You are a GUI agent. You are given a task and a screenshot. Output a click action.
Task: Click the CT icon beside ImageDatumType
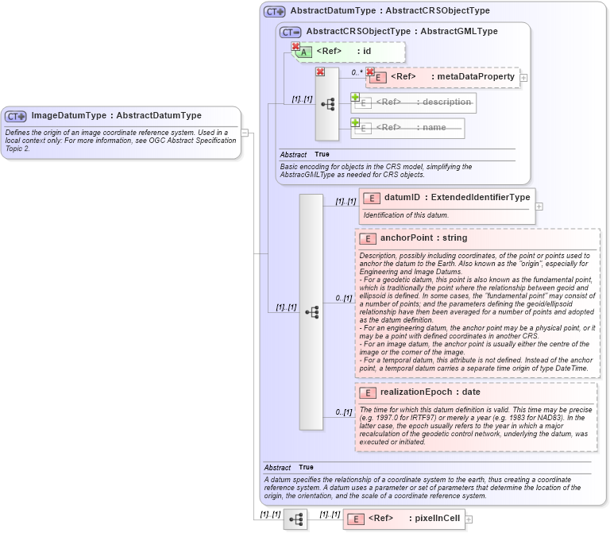(17, 116)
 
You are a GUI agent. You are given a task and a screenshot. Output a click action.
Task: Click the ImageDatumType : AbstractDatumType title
(116, 115)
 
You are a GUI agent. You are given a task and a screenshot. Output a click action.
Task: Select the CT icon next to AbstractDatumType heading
(275, 11)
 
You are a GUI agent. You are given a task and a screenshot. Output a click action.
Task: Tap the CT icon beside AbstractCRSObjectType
(291, 32)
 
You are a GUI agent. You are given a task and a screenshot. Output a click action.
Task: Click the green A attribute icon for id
(304, 52)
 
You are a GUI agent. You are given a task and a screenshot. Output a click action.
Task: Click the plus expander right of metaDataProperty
(523, 78)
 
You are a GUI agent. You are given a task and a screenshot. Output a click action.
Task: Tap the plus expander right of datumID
(539, 206)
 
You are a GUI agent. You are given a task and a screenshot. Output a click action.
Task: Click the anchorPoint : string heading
(423, 238)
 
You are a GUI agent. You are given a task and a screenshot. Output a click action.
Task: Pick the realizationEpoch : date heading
(430, 392)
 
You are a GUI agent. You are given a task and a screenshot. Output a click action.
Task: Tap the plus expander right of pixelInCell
(469, 519)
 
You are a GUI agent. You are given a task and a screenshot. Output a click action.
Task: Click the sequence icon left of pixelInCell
(295, 519)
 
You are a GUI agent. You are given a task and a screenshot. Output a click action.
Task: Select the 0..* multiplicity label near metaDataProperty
(357, 72)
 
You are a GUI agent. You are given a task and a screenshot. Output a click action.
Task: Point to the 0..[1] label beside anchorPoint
(343, 299)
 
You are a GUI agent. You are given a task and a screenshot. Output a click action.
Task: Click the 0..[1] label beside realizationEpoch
(343, 412)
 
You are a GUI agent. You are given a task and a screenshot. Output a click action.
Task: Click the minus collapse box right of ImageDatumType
(245, 133)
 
